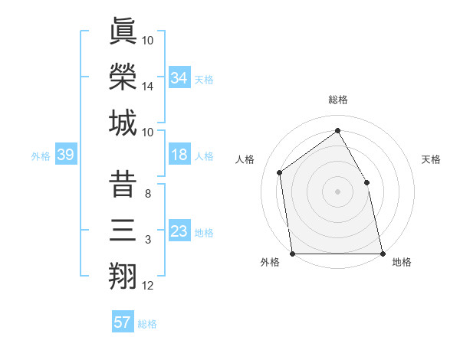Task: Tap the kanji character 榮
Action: (123, 76)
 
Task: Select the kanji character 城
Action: (123, 123)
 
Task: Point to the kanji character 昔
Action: (123, 183)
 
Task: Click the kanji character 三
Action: (123, 230)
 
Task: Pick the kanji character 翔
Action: (123, 276)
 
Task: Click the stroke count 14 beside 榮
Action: (148, 87)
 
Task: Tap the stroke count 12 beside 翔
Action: (148, 286)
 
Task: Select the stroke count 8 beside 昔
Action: (148, 193)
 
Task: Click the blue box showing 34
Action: (179, 77)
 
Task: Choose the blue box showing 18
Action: (179, 155)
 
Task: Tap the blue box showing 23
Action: (179, 231)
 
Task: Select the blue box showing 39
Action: (65, 155)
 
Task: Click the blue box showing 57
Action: (123, 322)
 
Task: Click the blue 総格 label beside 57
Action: (147, 324)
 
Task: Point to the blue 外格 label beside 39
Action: (41, 156)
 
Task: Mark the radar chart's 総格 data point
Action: (337, 130)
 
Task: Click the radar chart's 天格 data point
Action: (366, 182)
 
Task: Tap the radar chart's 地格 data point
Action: (383, 254)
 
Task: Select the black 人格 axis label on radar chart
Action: (245, 159)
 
